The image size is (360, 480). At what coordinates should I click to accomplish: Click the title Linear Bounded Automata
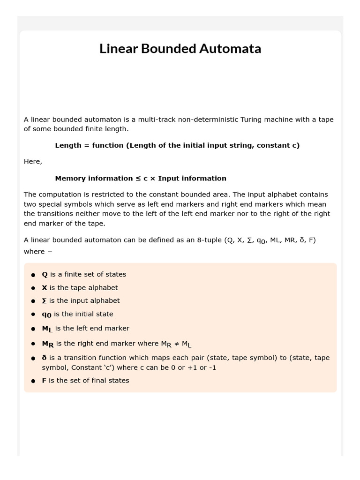(x=180, y=49)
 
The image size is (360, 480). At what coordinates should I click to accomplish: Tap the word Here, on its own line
(x=33, y=162)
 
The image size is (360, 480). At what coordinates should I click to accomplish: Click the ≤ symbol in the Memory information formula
(x=138, y=179)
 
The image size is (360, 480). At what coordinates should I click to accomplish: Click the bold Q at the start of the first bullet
(x=45, y=275)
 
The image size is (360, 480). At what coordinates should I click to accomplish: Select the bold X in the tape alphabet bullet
(x=45, y=288)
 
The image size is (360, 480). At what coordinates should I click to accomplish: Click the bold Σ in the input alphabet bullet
(x=44, y=301)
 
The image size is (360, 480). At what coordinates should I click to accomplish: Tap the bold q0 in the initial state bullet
(x=46, y=315)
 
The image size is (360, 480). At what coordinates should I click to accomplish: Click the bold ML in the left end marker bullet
(x=47, y=329)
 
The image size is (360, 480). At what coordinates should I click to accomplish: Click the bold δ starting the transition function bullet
(x=44, y=358)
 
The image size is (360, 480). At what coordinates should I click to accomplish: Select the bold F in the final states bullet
(x=44, y=381)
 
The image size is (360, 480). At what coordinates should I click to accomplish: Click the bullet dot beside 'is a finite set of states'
(x=33, y=275)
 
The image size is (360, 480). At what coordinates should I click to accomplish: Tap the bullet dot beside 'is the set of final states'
(x=33, y=381)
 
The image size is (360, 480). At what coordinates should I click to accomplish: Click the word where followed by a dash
(x=34, y=252)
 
